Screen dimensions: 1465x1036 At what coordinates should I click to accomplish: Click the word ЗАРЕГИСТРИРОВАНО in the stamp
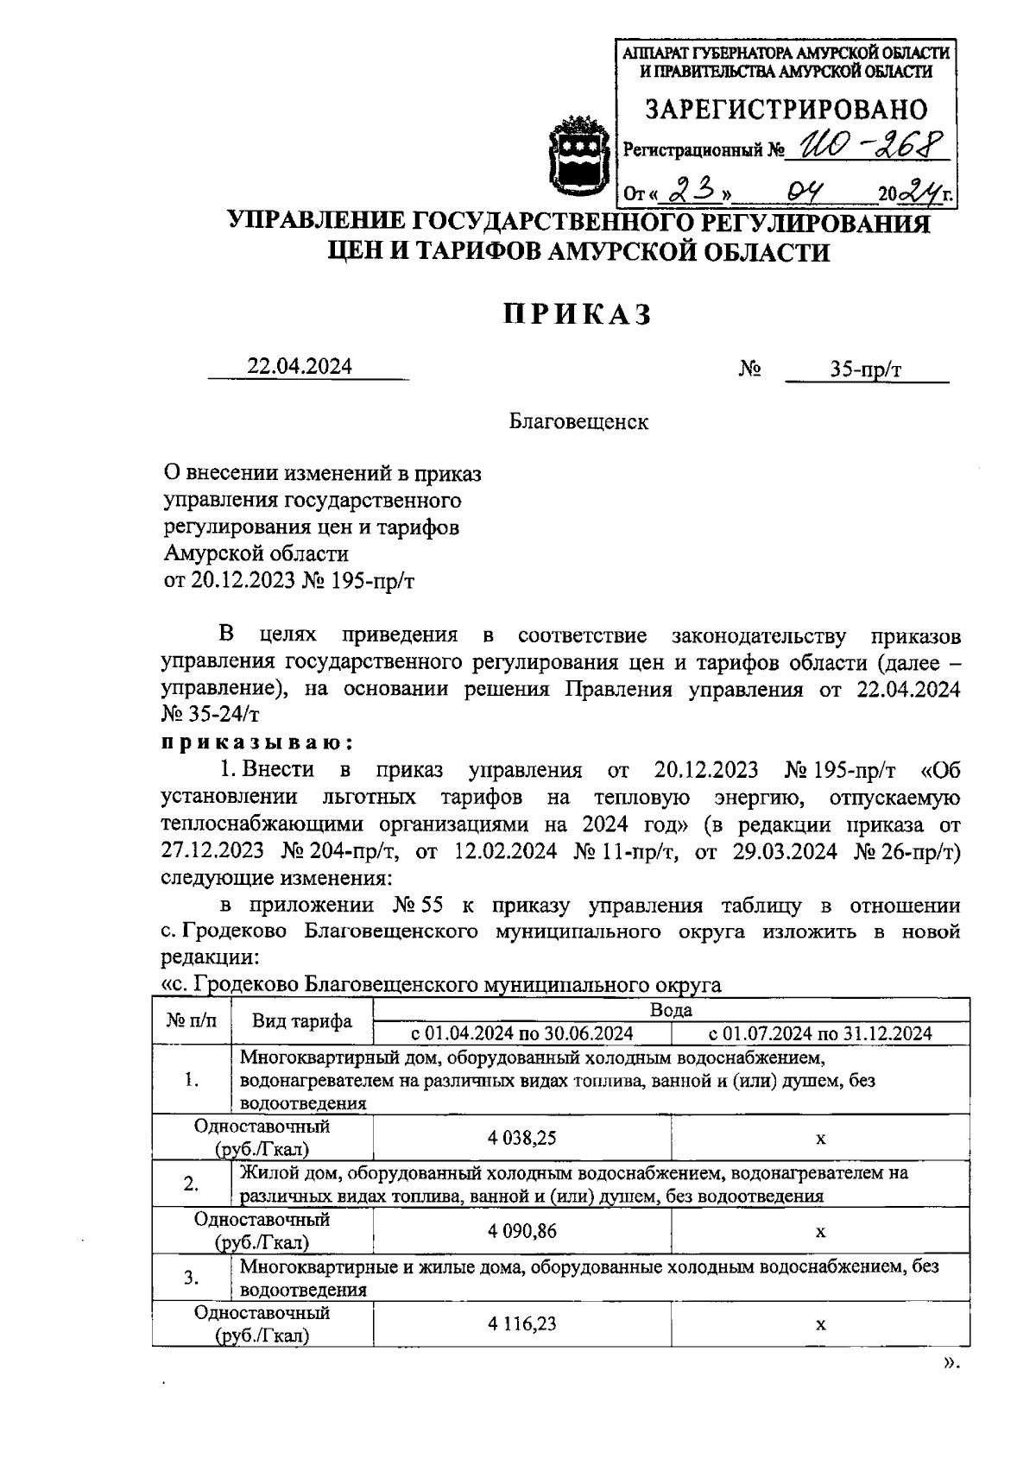786,110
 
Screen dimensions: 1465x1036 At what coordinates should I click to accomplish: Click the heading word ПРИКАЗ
578,315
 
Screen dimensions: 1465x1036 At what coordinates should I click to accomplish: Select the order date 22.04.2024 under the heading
300,366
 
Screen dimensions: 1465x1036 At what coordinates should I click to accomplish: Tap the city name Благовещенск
578,421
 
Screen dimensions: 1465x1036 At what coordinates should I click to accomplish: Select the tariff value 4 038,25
521,1138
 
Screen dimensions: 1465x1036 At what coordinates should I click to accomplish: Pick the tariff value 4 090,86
521,1231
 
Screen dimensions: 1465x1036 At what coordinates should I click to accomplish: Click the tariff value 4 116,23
521,1323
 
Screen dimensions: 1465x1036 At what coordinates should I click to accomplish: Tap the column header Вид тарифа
302,1021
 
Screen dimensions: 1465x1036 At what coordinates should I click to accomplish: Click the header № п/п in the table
192,1021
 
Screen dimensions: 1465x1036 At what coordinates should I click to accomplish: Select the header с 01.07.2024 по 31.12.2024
820,1033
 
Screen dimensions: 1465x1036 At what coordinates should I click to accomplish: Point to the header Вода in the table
671,1009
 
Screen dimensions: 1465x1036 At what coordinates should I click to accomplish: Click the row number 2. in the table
192,1184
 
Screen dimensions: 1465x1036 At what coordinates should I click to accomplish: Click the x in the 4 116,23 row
820,1323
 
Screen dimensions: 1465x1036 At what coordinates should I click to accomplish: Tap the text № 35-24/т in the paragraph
211,716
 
